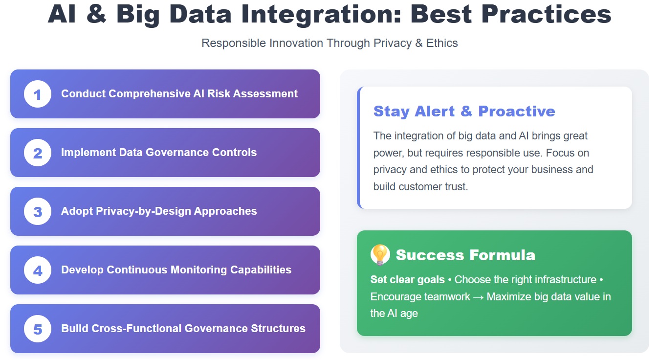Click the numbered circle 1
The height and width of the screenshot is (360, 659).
pyautogui.click(x=38, y=94)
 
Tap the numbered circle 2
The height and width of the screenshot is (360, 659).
pyautogui.click(x=38, y=153)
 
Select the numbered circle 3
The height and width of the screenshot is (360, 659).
pyautogui.click(x=38, y=211)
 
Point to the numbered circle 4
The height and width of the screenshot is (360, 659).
pyautogui.click(x=38, y=270)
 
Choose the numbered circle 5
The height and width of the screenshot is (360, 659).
pyautogui.click(x=38, y=329)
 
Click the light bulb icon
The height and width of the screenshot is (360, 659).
pyautogui.click(x=380, y=254)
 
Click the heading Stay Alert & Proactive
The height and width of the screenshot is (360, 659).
pyautogui.click(x=464, y=111)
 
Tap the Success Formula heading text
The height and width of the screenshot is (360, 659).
pyautogui.click(x=465, y=255)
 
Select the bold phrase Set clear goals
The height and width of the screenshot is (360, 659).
pyautogui.click(x=407, y=280)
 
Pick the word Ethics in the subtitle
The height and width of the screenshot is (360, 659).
pyautogui.click(x=442, y=43)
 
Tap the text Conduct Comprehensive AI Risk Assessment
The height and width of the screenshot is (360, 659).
pyautogui.click(x=179, y=94)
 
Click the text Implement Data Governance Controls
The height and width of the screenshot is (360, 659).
pyautogui.click(x=158, y=153)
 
